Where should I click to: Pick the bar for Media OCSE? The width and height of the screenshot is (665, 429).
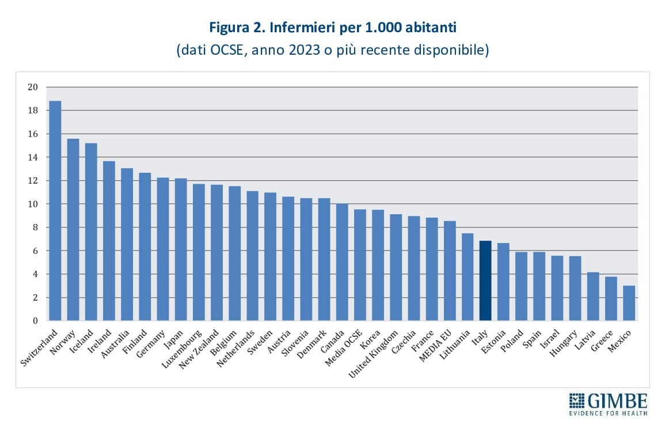click(360, 264)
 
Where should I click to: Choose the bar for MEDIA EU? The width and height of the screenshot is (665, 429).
click(450, 271)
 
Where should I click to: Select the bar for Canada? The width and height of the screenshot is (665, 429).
click(342, 262)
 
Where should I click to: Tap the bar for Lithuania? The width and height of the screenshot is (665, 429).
click(468, 276)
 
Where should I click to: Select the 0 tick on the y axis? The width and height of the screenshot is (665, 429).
click(34, 321)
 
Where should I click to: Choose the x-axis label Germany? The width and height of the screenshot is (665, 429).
click(151, 344)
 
